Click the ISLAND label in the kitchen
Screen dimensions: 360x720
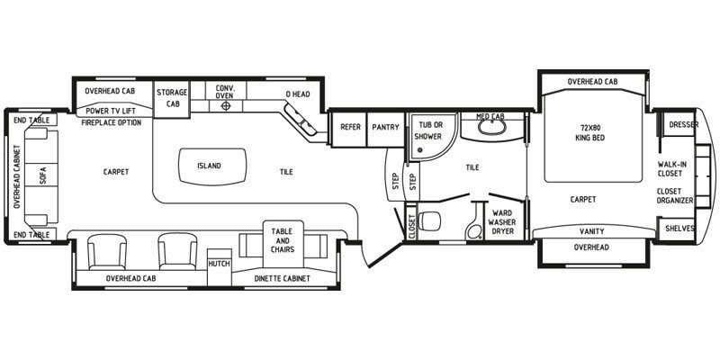tap(209, 166)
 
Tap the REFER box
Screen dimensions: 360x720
tap(350, 127)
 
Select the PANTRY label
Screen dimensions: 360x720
tap(385, 127)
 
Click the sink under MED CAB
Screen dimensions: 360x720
tap(491, 128)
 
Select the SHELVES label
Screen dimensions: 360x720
tap(679, 229)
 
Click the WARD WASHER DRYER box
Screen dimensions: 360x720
tap(501, 223)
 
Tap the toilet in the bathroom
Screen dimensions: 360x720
tap(431, 218)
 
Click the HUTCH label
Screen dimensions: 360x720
tap(218, 264)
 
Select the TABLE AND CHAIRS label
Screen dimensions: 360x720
tap(282, 238)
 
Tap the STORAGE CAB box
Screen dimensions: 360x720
tap(171, 98)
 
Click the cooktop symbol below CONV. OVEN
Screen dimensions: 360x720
tap(225, 105)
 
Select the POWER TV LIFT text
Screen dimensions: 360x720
tap(110, 111)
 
